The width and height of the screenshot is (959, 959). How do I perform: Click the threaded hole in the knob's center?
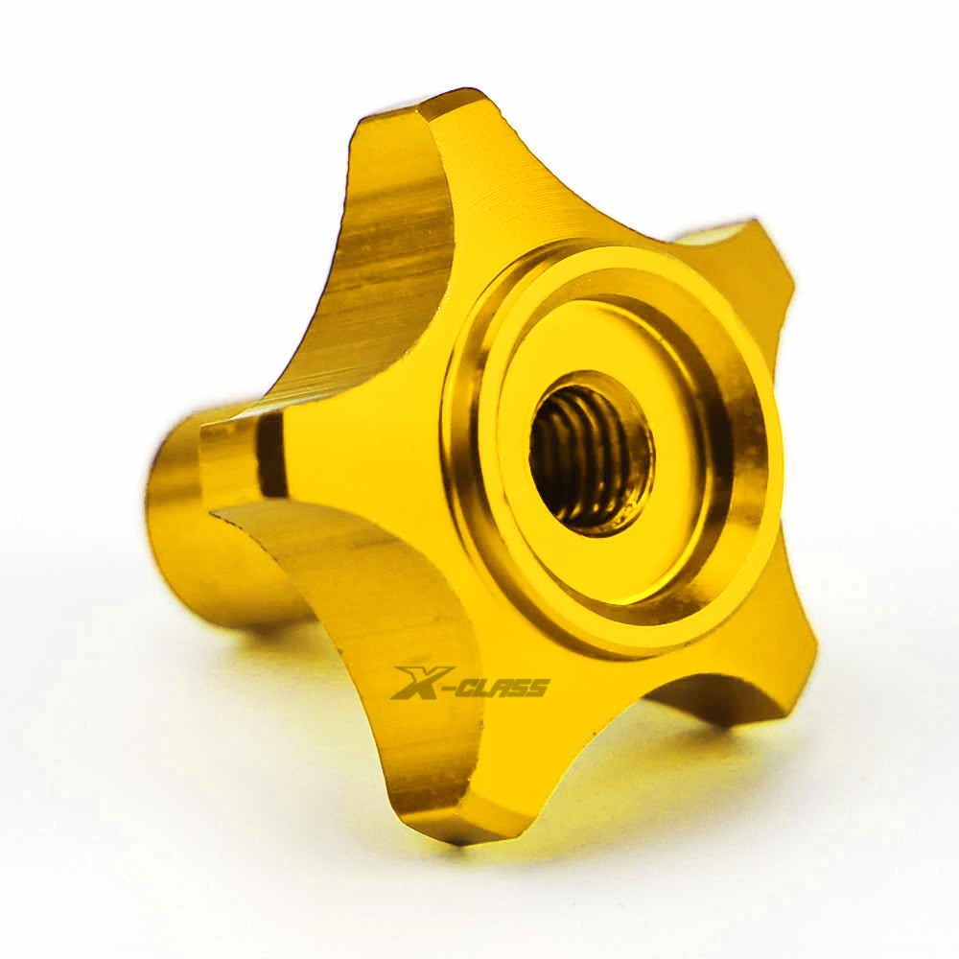[x=591, y=454]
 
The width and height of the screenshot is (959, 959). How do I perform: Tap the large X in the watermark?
[x=422, y=682]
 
